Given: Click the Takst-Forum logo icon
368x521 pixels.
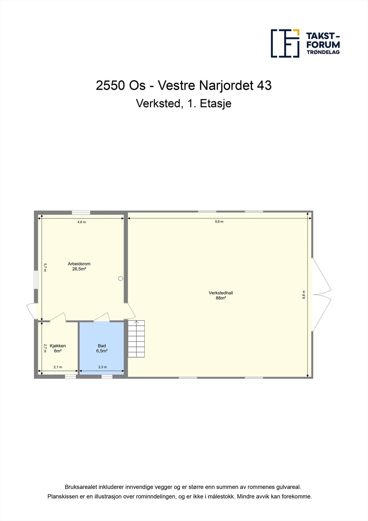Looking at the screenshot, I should coord(285,43).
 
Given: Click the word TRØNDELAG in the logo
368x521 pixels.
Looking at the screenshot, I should coord(323,52).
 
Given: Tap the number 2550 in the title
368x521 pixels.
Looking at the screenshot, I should coord(110,86).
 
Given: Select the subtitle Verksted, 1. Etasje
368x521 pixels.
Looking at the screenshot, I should coord(184,104).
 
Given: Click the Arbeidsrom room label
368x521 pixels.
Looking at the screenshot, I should coord(79,264).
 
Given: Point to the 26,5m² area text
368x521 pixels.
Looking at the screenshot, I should coord(79,269).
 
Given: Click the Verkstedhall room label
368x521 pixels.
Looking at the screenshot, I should coord(221,293).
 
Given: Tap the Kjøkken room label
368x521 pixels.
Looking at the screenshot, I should coord(58,346).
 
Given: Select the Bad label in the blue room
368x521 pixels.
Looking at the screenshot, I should coord(102,346).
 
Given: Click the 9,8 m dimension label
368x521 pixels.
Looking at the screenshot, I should coord(219,221).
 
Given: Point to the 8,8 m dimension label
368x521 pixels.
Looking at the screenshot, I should coord(304,294).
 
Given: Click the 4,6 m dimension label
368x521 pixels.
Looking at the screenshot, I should coord(81,222).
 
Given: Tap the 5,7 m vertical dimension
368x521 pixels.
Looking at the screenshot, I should coord(45,267).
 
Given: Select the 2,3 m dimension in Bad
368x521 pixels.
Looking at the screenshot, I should coord(102,367).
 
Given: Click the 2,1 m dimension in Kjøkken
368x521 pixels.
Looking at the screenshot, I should coord(58,367).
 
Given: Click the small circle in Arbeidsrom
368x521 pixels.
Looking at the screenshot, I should coord(121,278).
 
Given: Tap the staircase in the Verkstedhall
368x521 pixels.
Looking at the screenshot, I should coord(136,339).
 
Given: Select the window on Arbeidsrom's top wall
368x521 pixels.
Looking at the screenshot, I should coord(81,213).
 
